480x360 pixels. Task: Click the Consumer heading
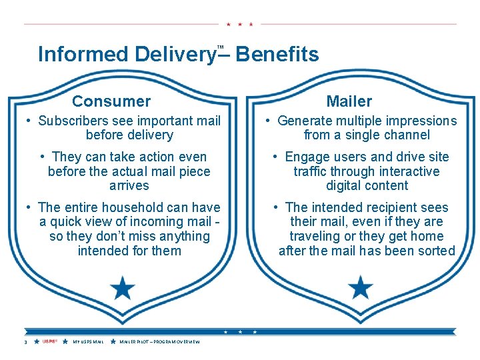click(x=111, y=101)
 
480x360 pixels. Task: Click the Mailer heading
click(x=349, y=101)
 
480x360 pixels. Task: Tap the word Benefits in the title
click(x=277, y=54)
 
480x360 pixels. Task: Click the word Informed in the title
click(x=83, y=54)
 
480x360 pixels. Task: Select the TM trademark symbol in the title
click(x=221, y=46)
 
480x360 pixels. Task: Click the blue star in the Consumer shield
click(x=122, y=289)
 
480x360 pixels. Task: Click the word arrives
click(x=129, y=185)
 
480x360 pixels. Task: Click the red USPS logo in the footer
click(x=49, y=341)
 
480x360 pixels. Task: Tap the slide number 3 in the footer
click(x=25, y=342)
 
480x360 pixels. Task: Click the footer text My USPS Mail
click(x=88, y=342)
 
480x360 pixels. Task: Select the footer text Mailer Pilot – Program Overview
click(x=159, y=342)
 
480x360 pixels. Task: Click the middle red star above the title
click(x=239, y=24)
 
